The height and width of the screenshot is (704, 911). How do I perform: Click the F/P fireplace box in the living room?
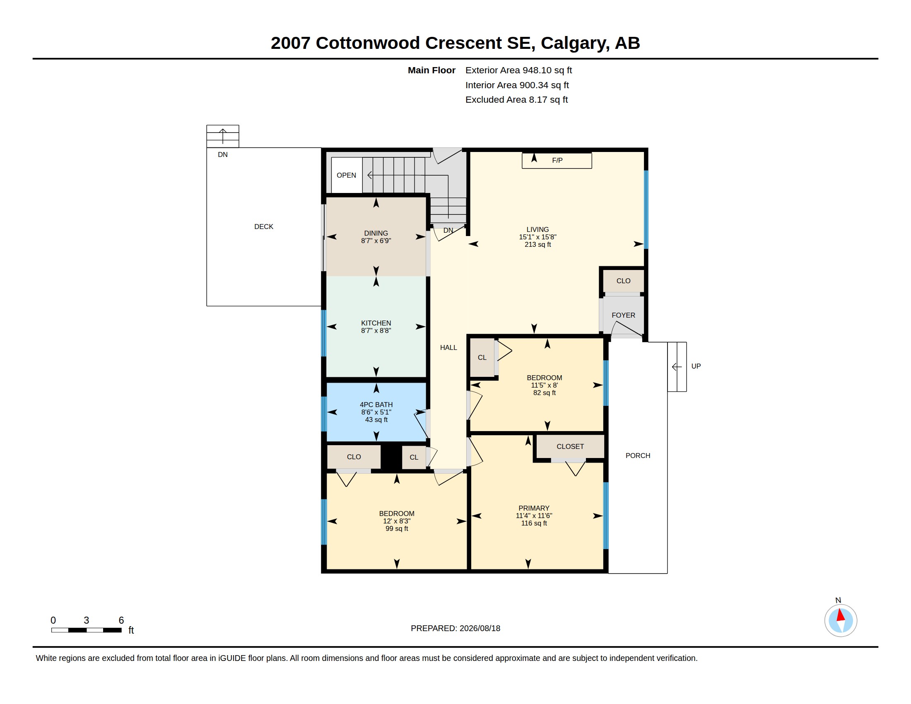[x=557, y=161]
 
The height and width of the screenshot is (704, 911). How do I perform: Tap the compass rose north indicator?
[x=841, y=620]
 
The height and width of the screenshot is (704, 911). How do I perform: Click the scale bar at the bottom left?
[x=87, y=630]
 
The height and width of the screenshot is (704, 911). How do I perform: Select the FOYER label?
[x=623, y=315]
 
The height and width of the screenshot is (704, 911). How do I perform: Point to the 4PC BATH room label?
[x=376, y=405]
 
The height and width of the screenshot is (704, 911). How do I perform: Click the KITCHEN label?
[x=376, y=323]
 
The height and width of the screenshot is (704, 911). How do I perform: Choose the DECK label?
[x=264, y=227]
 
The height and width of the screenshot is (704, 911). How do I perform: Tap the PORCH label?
[x=638, y=456]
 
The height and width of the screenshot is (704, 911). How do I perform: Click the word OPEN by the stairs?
[x=346, y=175]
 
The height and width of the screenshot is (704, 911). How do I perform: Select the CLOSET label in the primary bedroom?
[x=570, y=446]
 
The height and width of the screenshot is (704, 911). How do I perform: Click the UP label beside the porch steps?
[x=696, y=366]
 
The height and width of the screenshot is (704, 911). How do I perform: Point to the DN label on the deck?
[x=223, y=155]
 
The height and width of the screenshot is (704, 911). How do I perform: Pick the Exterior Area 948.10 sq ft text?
[x=518, y=70]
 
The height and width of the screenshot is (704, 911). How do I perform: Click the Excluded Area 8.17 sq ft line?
[x=516, y=99]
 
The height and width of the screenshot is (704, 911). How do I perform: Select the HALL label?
[x=448, y=347]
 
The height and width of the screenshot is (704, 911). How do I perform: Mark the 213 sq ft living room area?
[x=537, y=244]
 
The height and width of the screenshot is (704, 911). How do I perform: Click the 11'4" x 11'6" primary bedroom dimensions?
[x=534, y=516]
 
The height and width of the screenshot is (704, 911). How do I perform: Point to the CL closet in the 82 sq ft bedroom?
[x=482, y=357]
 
